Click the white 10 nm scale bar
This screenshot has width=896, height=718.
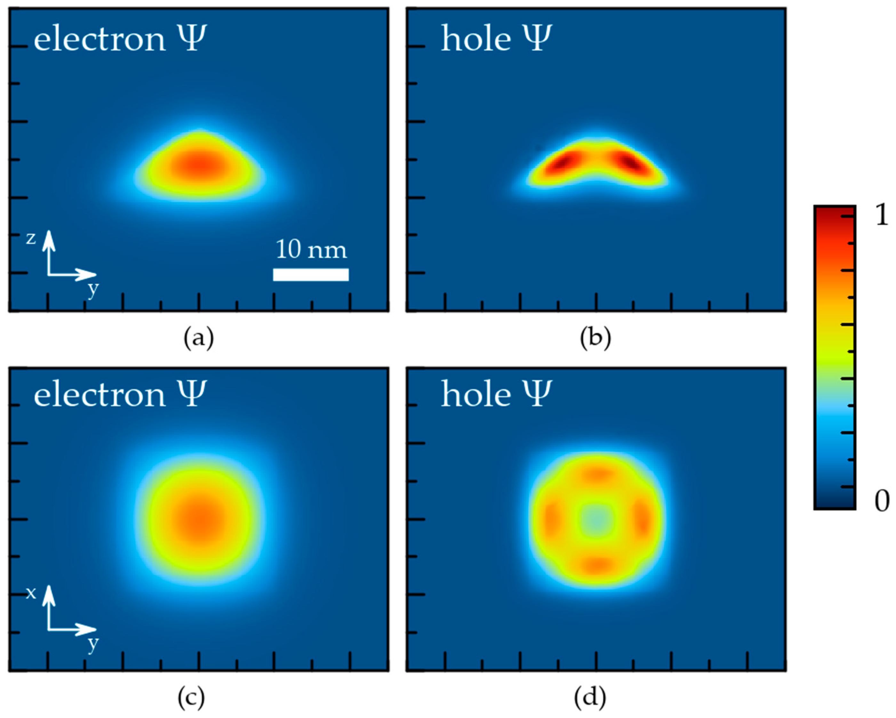point(310,274)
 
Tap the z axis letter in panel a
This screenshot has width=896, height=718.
point(31,238)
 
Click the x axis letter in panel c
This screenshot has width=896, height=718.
point(31,593)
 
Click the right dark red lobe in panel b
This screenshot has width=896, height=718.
point(631,163)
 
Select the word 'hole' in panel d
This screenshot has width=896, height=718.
point(476,394)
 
